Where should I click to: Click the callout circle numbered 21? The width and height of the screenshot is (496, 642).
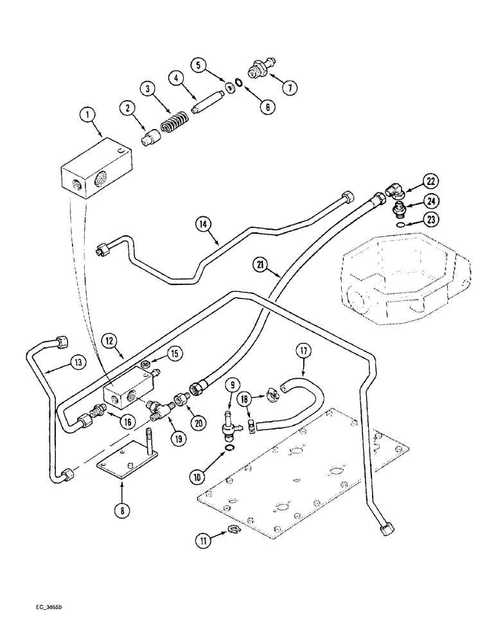pyautogui.click(x=262, y=263)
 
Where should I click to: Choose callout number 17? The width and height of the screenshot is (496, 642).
pyautogui.click(x=303, y=351)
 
